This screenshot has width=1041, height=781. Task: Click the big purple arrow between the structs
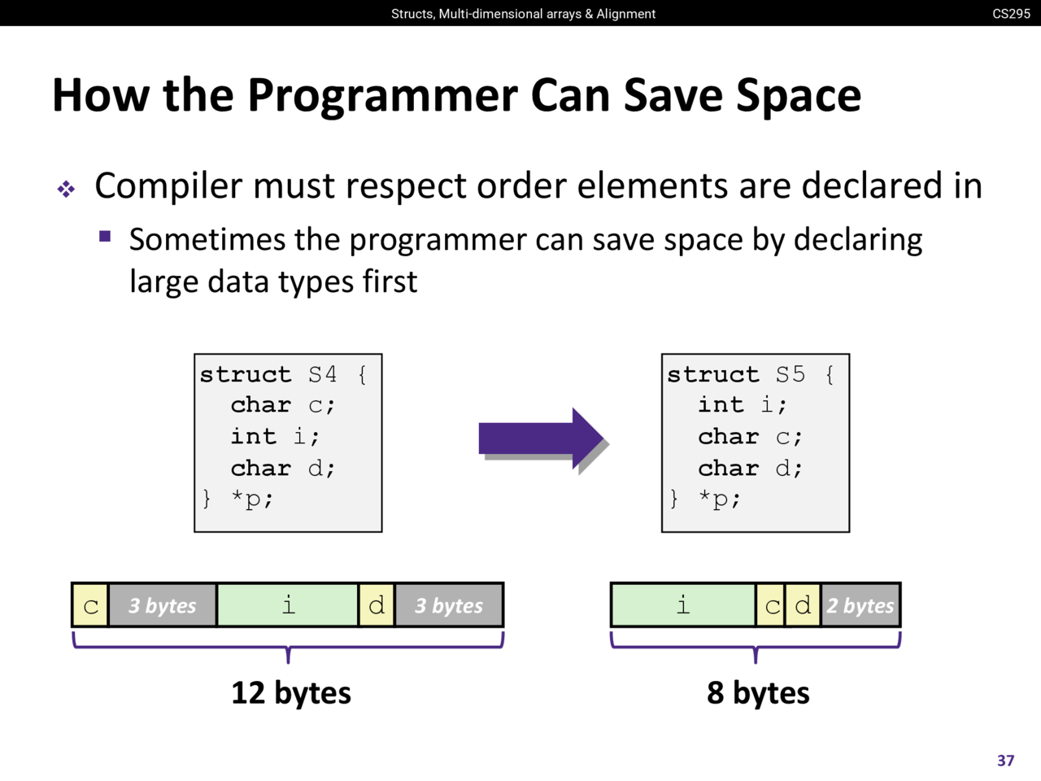541,438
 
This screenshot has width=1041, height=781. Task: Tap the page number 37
1005,761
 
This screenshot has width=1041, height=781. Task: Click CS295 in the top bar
1011,14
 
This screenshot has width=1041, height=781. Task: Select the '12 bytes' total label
290,693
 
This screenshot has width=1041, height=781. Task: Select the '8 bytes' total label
758,693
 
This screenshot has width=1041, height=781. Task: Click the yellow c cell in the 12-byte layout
90,605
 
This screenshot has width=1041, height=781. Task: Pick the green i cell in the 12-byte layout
287,605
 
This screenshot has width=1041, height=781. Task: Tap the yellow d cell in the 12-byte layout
377,605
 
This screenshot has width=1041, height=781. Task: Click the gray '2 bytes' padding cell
860,605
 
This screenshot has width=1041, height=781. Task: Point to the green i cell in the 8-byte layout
683,605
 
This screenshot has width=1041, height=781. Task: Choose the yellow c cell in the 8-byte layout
771,605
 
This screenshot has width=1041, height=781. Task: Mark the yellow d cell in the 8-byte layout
803,605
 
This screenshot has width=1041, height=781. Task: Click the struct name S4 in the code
323,374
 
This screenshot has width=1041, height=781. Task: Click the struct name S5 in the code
791,374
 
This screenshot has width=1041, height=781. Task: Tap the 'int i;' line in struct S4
275,436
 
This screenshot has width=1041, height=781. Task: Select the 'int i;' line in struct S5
742,404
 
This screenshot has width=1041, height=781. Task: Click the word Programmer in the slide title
382,96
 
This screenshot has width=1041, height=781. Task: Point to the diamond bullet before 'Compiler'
66,190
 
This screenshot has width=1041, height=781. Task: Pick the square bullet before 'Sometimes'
105,236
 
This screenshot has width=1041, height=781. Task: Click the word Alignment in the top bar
626,14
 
